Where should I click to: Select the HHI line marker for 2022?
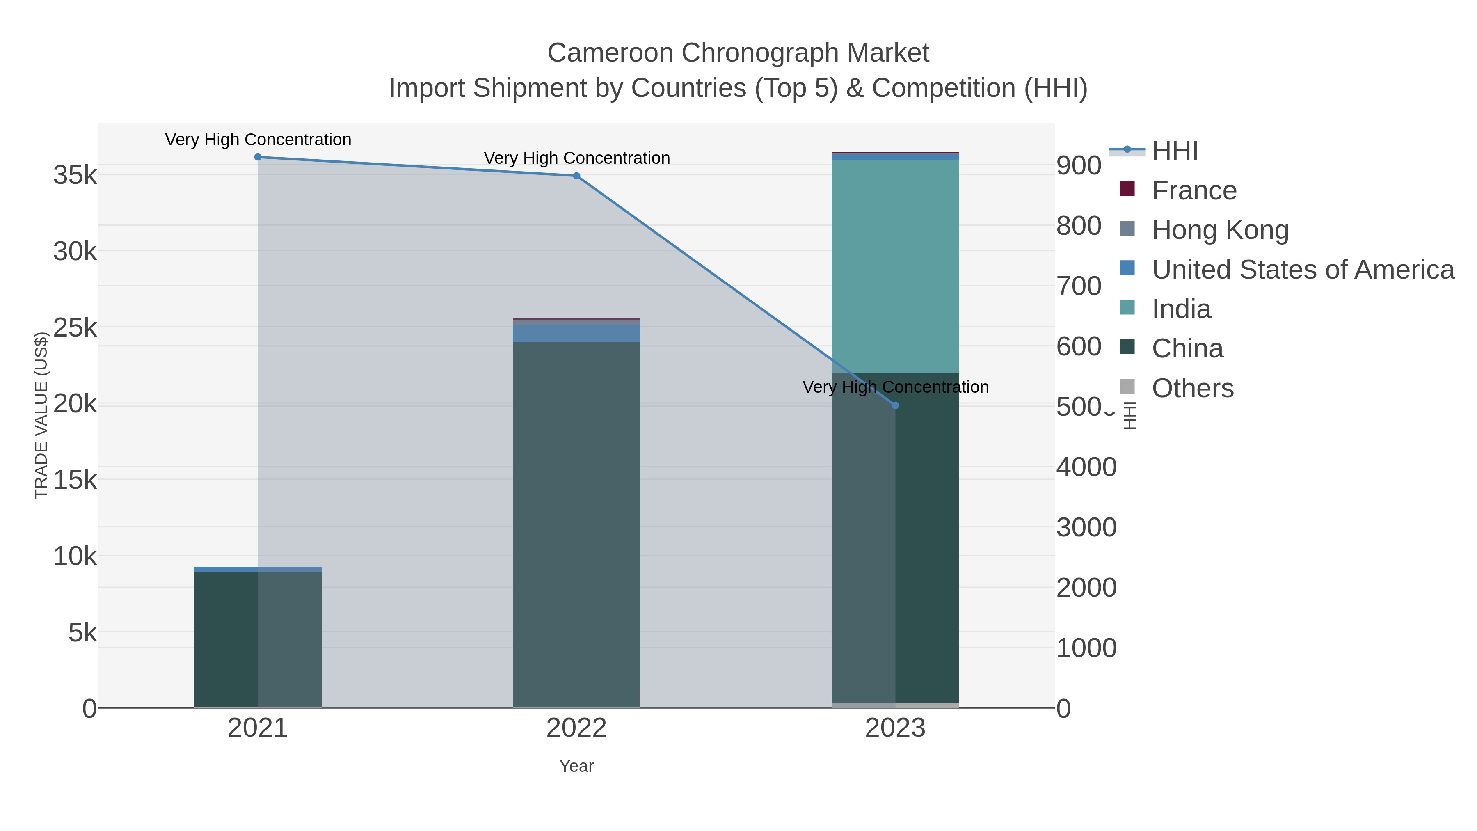click(576, 176)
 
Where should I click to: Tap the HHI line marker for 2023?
click(896, 405)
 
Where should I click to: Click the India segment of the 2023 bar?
click(895, 267)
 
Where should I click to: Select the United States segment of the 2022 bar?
click(576, 334)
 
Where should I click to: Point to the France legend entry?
click(1194, 190)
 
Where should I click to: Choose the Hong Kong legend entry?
click(1220, 230)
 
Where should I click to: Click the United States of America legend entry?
click(1302, 270)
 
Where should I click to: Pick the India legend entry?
click(1181, 309)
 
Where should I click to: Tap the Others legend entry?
click(1193, 388)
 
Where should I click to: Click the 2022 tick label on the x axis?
click(576, 728)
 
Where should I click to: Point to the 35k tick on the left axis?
click(75, 175)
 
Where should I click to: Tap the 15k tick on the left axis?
click(75, 479)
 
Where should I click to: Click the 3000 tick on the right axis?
click(1086, 528)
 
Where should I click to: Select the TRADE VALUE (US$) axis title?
click(41, 415)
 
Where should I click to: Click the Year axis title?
click(576, 766)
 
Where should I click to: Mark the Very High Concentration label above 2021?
click(258, 140)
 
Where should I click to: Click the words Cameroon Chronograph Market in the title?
click(738, 53)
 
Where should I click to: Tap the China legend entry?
click(1187, 349)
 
